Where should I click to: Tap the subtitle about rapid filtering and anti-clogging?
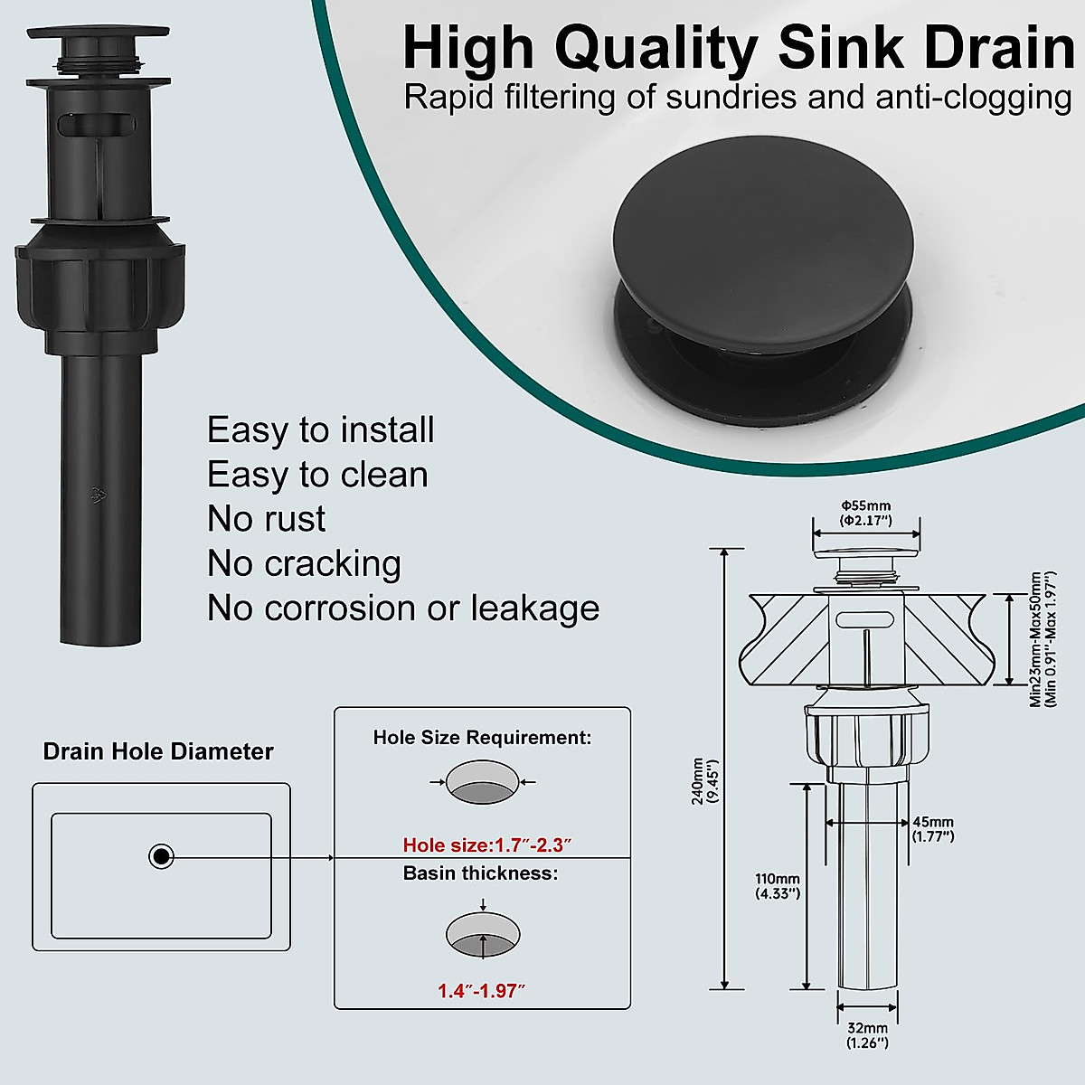tap(737, 97)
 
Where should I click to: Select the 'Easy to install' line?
tap(320, 429)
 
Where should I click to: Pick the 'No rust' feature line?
tap(266, 519)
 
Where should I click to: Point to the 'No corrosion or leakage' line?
tap(402, 609)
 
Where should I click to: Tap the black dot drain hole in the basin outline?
tap(161, 856)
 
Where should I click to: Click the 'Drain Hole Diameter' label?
tap(158, 751)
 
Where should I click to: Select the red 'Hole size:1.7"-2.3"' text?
tap(487, 845)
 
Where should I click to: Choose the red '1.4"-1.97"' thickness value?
tap(481, 991)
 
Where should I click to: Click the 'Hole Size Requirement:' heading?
tap(482, 738)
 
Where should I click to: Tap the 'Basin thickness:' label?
tap(480, 873)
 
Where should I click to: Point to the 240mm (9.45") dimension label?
tap(704, 781)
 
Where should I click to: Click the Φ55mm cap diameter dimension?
tap(866, 513)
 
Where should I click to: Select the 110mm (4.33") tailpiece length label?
tap(778, 886)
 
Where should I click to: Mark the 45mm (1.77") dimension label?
tap(933, 828)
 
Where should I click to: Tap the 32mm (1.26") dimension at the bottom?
tap(867, 1035)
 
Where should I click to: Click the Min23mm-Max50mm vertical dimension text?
tap(1042, 638)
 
